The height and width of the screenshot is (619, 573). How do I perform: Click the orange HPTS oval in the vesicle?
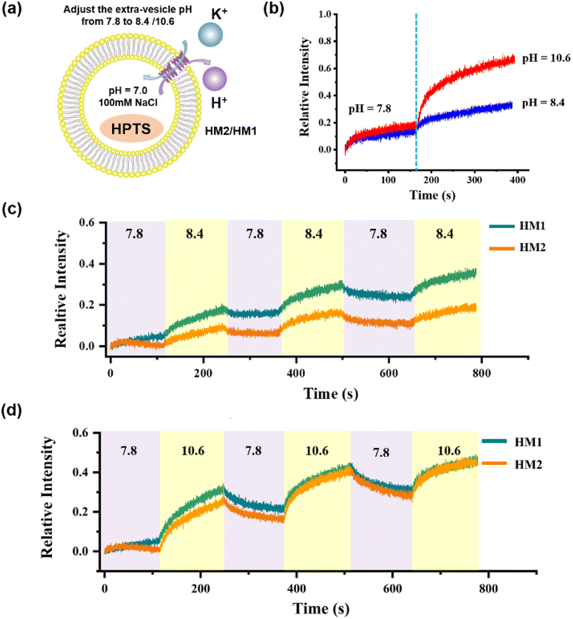(x=131, y=129)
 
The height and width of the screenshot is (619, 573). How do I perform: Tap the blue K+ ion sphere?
(x=210, y=34)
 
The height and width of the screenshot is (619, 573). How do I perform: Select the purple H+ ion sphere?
(x=215, y=78)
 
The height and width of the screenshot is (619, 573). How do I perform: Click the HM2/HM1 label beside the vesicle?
(x=231, y=131)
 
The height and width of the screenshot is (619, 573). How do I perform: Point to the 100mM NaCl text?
(x=128, y=103)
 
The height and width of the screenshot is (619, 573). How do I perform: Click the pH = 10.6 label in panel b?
(x=546, y=58)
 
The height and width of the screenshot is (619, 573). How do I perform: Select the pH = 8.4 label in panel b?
(x=543, y=103)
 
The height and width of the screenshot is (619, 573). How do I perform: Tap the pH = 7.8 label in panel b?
(x=370, y=108)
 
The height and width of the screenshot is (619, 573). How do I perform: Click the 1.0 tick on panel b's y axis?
(x=325, y=14)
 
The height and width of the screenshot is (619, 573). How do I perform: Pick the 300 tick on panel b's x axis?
(x=475, y=180)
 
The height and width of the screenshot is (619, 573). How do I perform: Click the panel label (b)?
(x=273, y=8)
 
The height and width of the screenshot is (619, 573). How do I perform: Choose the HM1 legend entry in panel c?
(x=517, y=226)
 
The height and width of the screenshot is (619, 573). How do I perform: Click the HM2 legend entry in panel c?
(x=517, y=248)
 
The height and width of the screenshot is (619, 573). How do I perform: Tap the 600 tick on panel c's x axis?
(x=388, y=373)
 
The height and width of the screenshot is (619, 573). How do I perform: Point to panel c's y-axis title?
(x=61, y=289)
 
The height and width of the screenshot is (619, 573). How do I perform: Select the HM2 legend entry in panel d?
(x=512, y=464)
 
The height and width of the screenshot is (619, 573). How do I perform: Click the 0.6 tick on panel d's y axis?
(x=80, y=433)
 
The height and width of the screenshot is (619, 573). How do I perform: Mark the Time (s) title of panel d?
(x=321, y=608)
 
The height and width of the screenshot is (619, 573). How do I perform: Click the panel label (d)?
(x=12, y=411)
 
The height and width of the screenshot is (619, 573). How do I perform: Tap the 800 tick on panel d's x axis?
(x=489, y=588)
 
